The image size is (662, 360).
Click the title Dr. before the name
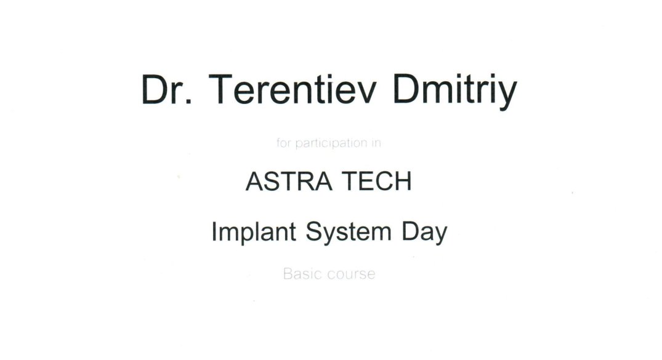coord(167,89)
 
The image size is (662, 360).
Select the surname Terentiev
coord(292,89)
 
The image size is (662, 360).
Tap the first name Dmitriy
coord(454,92)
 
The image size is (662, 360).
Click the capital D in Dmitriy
coord(406,89)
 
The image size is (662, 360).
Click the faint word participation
coord(331,143)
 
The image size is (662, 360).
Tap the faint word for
coord(284,143)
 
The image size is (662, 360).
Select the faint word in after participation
coord(376,143)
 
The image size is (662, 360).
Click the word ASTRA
coord(289,182)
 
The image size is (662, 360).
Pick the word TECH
coord(377,182)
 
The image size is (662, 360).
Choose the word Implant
coord(254,232)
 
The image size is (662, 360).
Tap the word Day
coord(424,233)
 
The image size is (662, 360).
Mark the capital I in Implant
coord(214,231)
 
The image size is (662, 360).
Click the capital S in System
coord(314,231)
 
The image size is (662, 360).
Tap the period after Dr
coord(188,102)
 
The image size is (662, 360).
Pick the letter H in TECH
coord(403,182)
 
